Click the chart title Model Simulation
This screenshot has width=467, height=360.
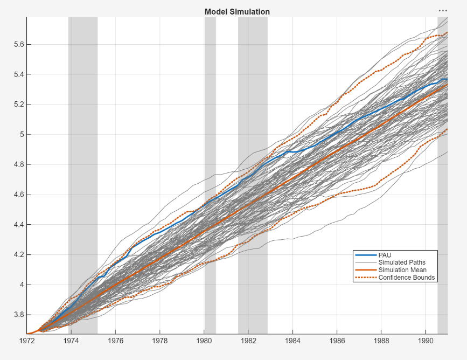(237, 12)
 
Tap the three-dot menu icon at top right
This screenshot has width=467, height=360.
(443, 10)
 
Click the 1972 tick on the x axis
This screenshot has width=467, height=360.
(27, 341)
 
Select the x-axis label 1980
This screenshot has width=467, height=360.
(205, 341)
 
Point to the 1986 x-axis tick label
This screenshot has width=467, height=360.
(337, 341)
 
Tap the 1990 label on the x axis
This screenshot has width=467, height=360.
(426, 341)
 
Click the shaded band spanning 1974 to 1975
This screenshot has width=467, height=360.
(83, 162)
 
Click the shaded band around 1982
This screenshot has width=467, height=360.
(253, 108)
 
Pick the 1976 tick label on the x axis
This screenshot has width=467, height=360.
(116, 341)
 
